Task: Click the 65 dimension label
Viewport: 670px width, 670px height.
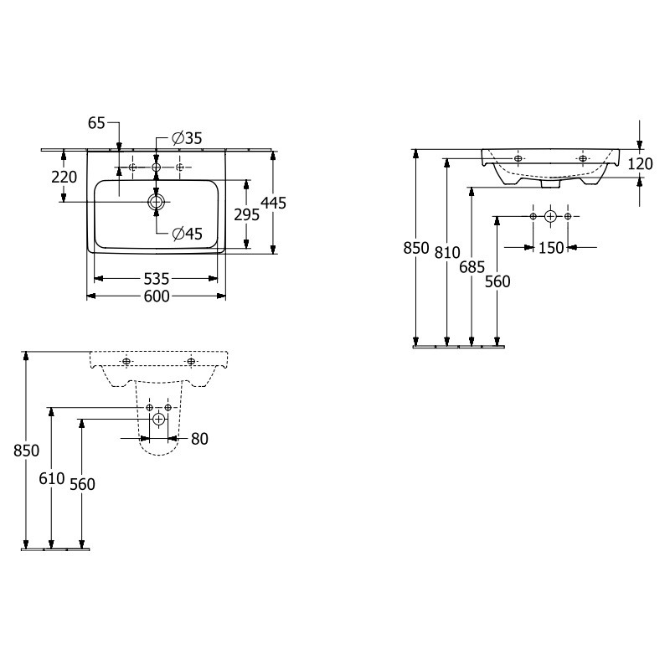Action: point(96,123)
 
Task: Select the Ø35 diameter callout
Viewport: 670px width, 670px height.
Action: point(187,138)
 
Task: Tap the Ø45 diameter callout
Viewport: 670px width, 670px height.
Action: point(187,234)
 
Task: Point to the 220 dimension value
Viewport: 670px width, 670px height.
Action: point(64,177)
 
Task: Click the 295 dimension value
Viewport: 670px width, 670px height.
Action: point(246,215)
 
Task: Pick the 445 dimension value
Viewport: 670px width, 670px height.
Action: point(274,203)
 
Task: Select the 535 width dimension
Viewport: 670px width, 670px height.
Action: point(157,279)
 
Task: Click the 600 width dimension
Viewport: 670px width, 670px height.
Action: point(157,296)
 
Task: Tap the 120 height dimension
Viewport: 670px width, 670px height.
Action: point(640,163)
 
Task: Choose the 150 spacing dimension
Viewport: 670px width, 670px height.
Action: point(551,248)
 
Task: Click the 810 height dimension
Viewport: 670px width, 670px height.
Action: point(447,253)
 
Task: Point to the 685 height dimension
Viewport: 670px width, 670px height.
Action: point(472,267)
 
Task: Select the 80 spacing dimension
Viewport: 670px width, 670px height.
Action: point(199,439)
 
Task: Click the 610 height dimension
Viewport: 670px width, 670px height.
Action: point(52,478)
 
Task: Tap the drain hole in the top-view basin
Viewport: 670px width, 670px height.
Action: point(156,202)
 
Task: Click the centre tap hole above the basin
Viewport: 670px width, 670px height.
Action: point(156,167)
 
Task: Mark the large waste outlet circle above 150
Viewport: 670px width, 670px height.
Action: point(550,217)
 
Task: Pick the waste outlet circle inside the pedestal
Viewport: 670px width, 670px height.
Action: point(159,420)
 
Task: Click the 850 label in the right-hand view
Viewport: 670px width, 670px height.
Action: point(416,248)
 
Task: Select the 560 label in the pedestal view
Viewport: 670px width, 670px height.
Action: point(82,485)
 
